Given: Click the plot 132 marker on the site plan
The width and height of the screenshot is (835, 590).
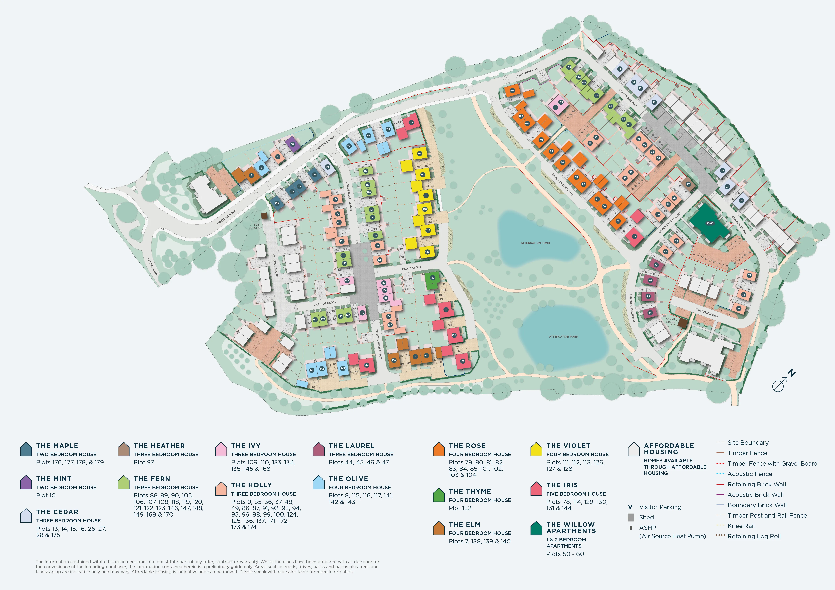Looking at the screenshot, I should point(432,278).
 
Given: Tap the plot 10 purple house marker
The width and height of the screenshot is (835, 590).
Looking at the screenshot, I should point(292,144).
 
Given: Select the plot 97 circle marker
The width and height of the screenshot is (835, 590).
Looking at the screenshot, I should point(688,184).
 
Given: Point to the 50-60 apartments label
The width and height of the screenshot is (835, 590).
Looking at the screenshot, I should point(710,223).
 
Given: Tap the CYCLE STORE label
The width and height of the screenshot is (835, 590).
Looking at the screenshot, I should point(670,320).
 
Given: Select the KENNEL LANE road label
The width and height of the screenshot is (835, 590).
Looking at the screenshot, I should point(152,267).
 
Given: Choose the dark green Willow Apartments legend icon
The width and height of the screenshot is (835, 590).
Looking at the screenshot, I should point(536,528).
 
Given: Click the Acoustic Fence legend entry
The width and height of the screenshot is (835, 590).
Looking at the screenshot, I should point(749,474).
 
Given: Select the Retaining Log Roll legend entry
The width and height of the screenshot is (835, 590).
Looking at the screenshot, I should point(754,536).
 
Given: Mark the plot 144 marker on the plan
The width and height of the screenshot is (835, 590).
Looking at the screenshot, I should point(366,365).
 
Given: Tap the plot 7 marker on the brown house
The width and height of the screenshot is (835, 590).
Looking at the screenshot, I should point(251,175).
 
